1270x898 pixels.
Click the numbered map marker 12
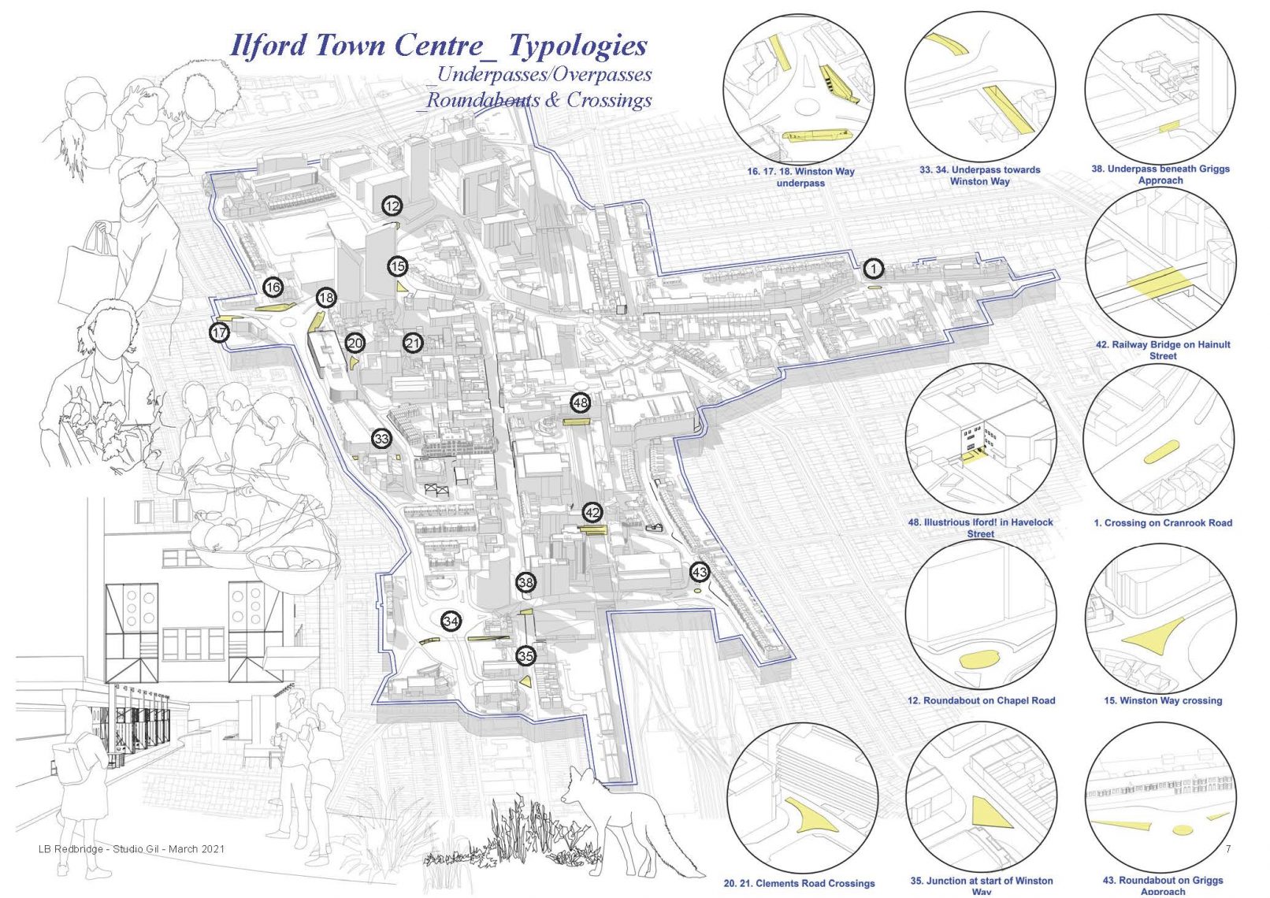pos(392,206)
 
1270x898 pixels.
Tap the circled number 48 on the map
pos(580,403)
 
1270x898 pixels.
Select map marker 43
pos(700,572)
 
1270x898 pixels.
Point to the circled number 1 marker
pos(874,269)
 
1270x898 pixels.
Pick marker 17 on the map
pos(220,332)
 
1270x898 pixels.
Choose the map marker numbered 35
pos(525,656)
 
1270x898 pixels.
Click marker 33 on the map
pos(381,439)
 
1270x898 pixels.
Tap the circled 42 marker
pos(592,513)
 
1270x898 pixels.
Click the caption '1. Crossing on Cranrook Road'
pos(1162,523)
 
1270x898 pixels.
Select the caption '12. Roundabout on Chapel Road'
pos(981,700)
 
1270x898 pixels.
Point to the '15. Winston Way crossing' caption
pos(1162,700)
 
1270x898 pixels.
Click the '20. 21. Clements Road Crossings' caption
pos(799,883)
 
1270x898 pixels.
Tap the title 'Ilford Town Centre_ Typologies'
pos(438,46)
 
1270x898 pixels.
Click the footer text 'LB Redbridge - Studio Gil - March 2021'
pos(132,848)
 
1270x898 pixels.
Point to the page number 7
pos(1228,848)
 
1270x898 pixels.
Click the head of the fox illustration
pos(578,787)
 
